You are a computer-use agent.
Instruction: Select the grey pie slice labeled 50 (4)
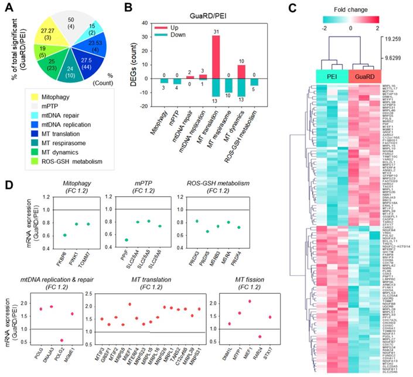75,22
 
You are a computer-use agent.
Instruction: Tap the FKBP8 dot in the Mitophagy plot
64,235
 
